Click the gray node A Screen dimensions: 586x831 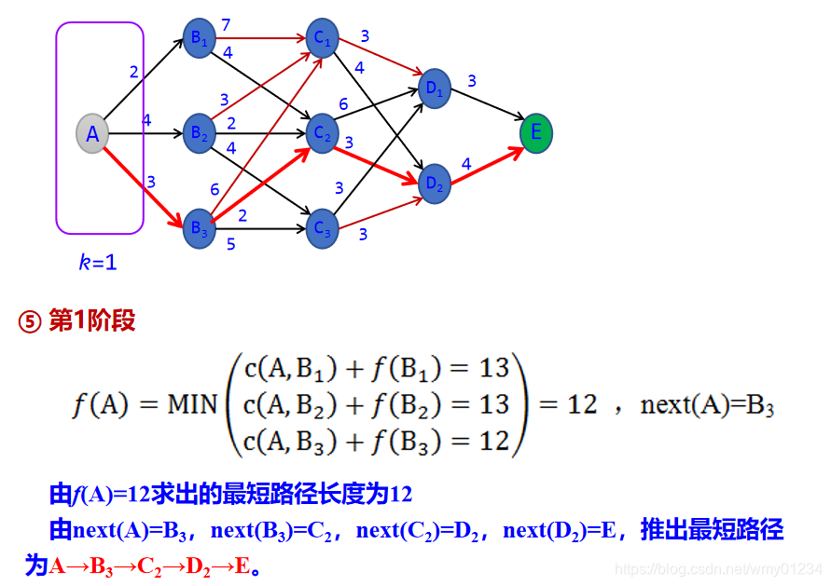pyautogui.click(x=92, y=133)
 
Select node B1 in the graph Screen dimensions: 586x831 pyautogui.click(x=200, y=38)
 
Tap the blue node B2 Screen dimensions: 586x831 pyautogui.click(x=200, y=133)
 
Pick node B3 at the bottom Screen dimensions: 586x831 pyautogui.click(x=200, y=228)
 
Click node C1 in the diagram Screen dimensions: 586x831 pyautogui.click(x=323, y=38)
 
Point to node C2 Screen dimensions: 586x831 pyautogui.click(x=323, y=133)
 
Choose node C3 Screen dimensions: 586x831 pyautogui.click(x=323, y=228)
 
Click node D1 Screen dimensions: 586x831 pyautogui.click(x=436, y=88)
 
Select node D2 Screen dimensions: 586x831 pyautogui.click(x=436, y=183)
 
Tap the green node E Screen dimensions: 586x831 pyautogui.click(x=536, y=133)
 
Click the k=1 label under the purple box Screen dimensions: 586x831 pyautogui.click(x=97, y=263)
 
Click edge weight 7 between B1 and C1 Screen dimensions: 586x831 pyautogui.click(x=226, y=24)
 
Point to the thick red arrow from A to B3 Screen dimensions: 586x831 pyautogui.click(x=145, y=183)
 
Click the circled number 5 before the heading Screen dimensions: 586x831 pyautogui.click(x=30, y=322)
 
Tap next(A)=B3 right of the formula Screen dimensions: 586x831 pyautogui.click(x=708, y=405)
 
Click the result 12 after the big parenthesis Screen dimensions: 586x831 pyautogui.click(x=582, y=405)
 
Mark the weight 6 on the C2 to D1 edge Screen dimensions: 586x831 pyautogui.click(x=343, y=105)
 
